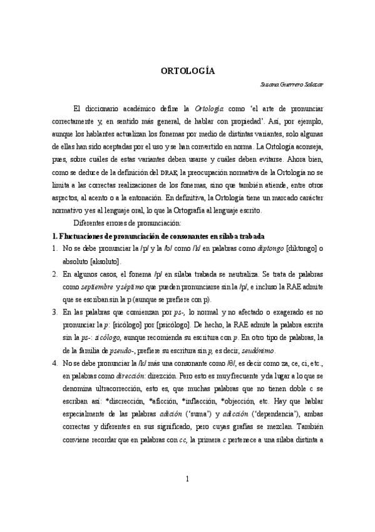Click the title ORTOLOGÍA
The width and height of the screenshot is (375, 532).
[x=187, y=71]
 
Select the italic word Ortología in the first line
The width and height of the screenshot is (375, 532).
[x=210, y=108]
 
